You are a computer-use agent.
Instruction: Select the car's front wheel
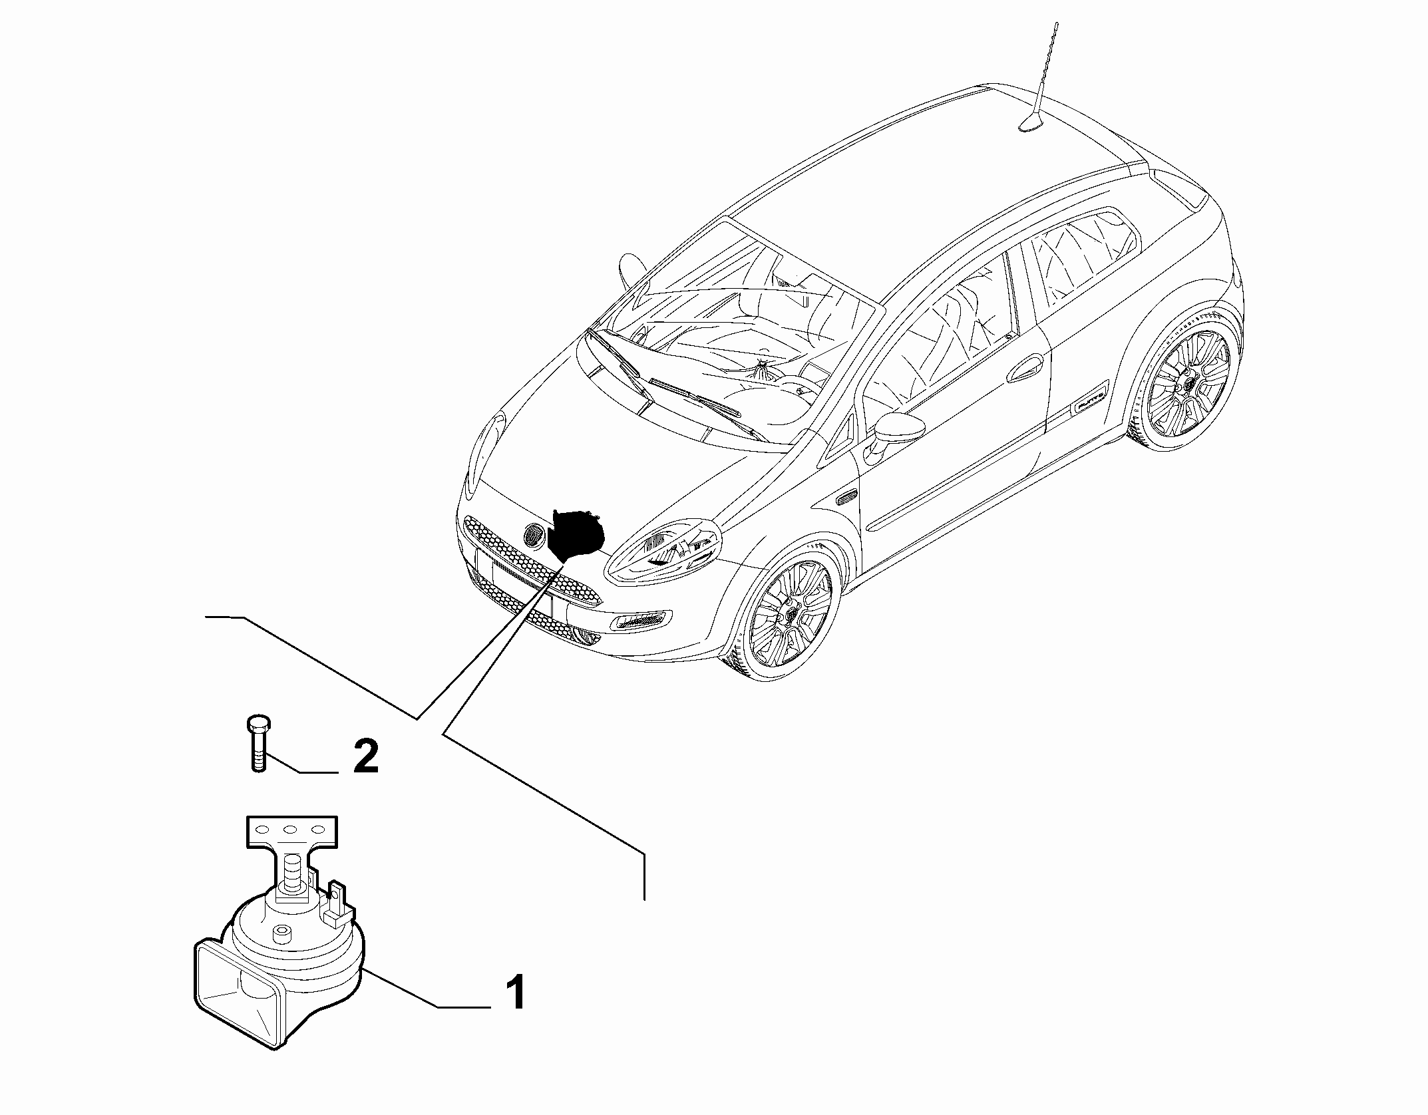[789, 612]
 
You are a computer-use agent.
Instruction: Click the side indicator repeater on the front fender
[847, 496]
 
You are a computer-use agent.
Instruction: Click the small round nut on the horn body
[283, 932]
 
